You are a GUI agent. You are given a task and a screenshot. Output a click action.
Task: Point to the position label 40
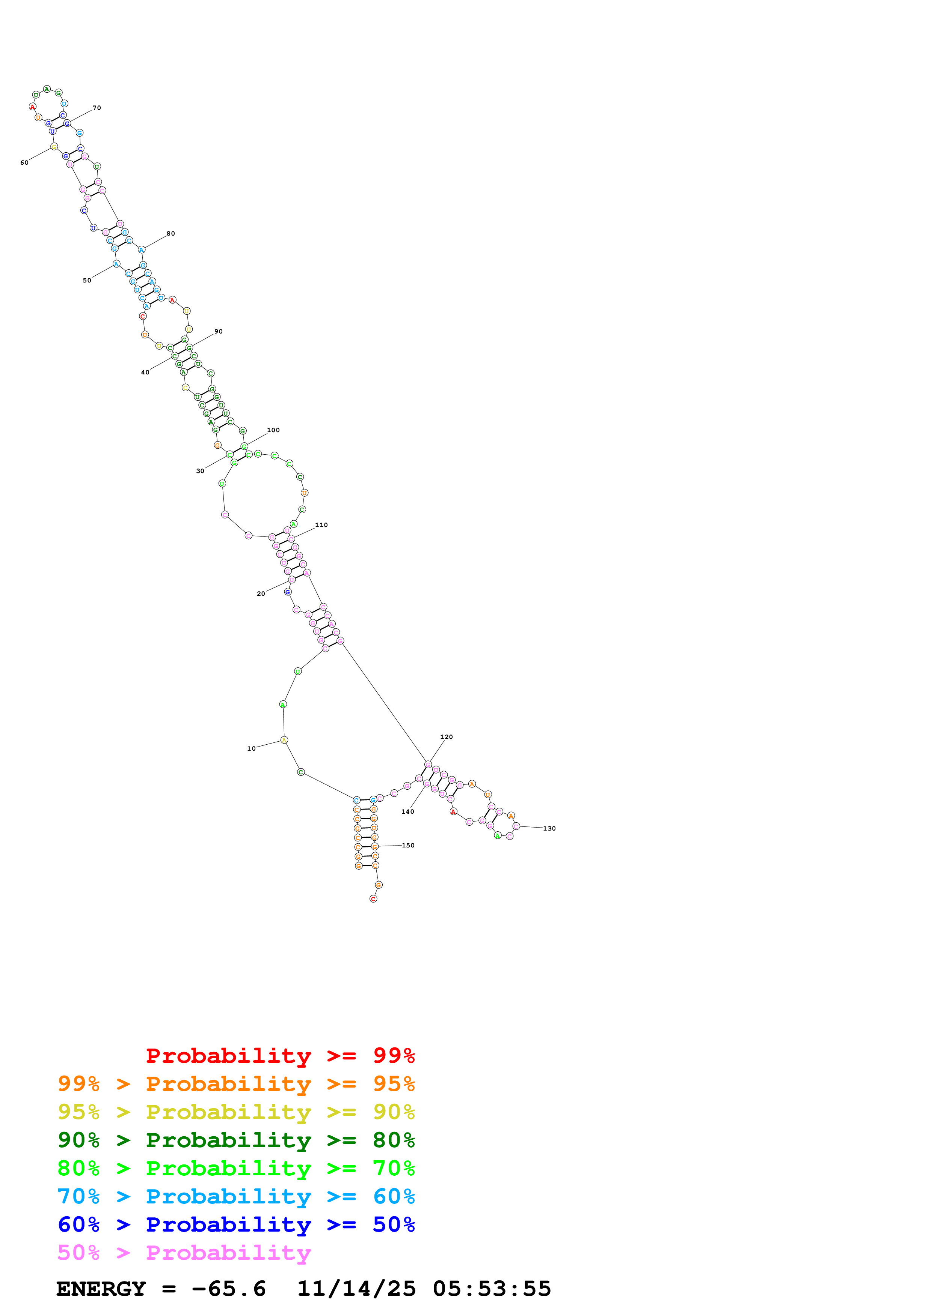click(145, 373)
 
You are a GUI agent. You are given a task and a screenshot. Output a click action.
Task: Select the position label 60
click(24, 163)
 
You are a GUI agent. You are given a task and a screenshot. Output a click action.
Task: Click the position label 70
click(97, 108)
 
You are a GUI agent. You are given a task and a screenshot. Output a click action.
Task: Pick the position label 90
click(219, 331)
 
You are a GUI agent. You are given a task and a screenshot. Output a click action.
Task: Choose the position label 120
click(446, 737)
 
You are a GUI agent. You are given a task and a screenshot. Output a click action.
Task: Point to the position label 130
click(549, 828)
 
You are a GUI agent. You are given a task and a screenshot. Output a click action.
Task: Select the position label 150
click(408, 846)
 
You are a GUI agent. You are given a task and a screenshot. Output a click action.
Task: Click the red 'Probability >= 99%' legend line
click(280, 1056)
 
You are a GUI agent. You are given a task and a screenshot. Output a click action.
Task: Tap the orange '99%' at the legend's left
click(78, 1084)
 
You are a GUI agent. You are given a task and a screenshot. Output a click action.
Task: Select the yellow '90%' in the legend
click(394, 1112)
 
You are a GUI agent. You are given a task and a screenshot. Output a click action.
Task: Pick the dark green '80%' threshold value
click(394, 1140)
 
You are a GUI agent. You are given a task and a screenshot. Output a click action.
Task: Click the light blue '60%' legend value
click(394, 1196)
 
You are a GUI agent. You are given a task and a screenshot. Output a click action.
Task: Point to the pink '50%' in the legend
click(78, 1252)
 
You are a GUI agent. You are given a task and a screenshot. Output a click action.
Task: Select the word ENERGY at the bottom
click(101, 1289)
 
